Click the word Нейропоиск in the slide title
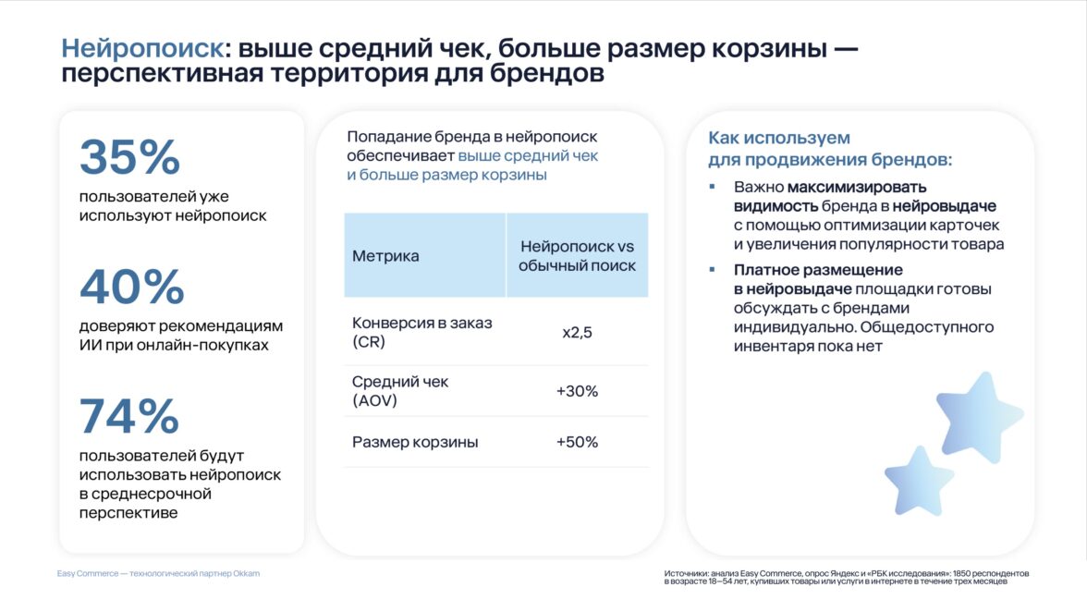pos(142,48)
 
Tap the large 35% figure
pos(129,156)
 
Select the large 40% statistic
pos(131,287)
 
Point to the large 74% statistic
pos(129,416)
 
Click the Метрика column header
pos(385,256)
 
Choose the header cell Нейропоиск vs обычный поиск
pos(577,256)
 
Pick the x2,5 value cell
pos(577,333)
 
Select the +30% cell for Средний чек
pos(577,391)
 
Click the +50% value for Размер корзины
pos(577,442)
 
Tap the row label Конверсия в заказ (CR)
pos(422,332)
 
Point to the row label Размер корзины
pos(415,442)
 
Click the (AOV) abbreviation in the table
pos(374,400)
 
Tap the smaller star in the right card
pos(919,482)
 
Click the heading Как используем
pos(779,138)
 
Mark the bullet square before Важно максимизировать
pos(712,187)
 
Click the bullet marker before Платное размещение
pos(712,269)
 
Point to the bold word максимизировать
pos(857,187)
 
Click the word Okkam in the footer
pos(246,574)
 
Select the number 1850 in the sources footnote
pos(961,574)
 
